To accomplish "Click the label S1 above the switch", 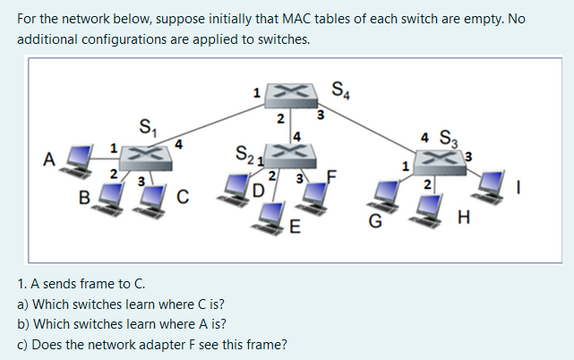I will [145, 126].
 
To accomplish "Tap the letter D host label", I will [258, 190].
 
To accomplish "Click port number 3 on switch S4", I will [321, 114].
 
